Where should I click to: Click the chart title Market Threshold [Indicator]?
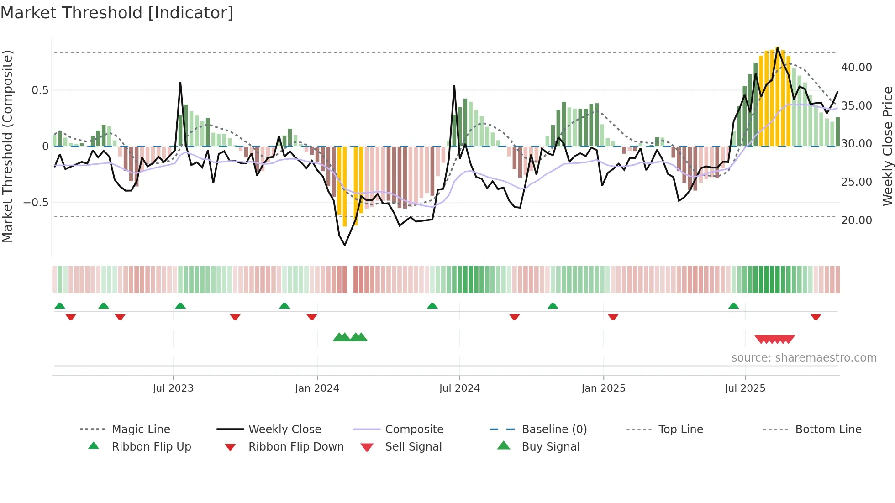coord(117,13)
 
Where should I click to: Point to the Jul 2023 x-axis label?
coord(173,388)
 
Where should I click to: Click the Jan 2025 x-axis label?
coord(603,388)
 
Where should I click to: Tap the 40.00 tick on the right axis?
coord(856,68)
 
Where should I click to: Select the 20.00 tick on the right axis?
coord(856,220)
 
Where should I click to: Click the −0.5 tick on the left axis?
coord(36,202)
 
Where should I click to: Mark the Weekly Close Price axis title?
coord(887,146)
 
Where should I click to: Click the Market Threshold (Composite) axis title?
coord(7,146)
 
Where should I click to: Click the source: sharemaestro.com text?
coord(804,357)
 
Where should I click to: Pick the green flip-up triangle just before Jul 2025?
coord(733,305)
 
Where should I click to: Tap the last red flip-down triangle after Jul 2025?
coord(816,317)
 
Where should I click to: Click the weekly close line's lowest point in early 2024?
coord(345,245)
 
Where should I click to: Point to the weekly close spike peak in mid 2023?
coord(180,83)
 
